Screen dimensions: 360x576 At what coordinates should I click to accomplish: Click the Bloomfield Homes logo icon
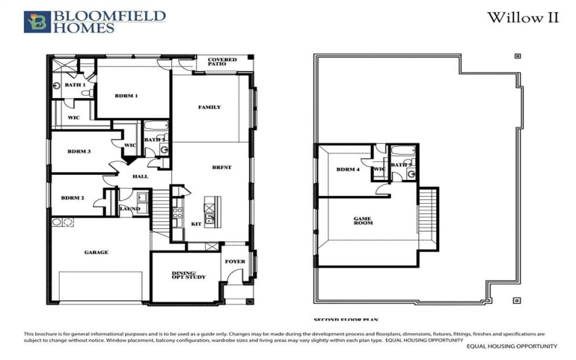point(34,22)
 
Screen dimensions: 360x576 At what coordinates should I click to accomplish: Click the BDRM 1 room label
point(126,95)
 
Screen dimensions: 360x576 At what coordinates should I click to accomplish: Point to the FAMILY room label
point(210,107)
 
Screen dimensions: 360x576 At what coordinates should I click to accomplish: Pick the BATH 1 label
point(75,85)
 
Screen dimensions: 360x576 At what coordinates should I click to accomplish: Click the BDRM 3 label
point(78,151)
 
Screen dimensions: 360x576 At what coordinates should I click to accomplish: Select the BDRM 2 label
point(73,197)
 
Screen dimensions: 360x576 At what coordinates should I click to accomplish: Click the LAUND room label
point(130,209)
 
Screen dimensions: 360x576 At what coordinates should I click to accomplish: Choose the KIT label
point(196,223)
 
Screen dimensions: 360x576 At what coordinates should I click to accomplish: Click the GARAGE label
point(96,252)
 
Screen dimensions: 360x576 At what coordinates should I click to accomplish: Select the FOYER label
point(235,262)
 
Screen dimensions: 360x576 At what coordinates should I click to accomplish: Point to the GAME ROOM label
point(363,221)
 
